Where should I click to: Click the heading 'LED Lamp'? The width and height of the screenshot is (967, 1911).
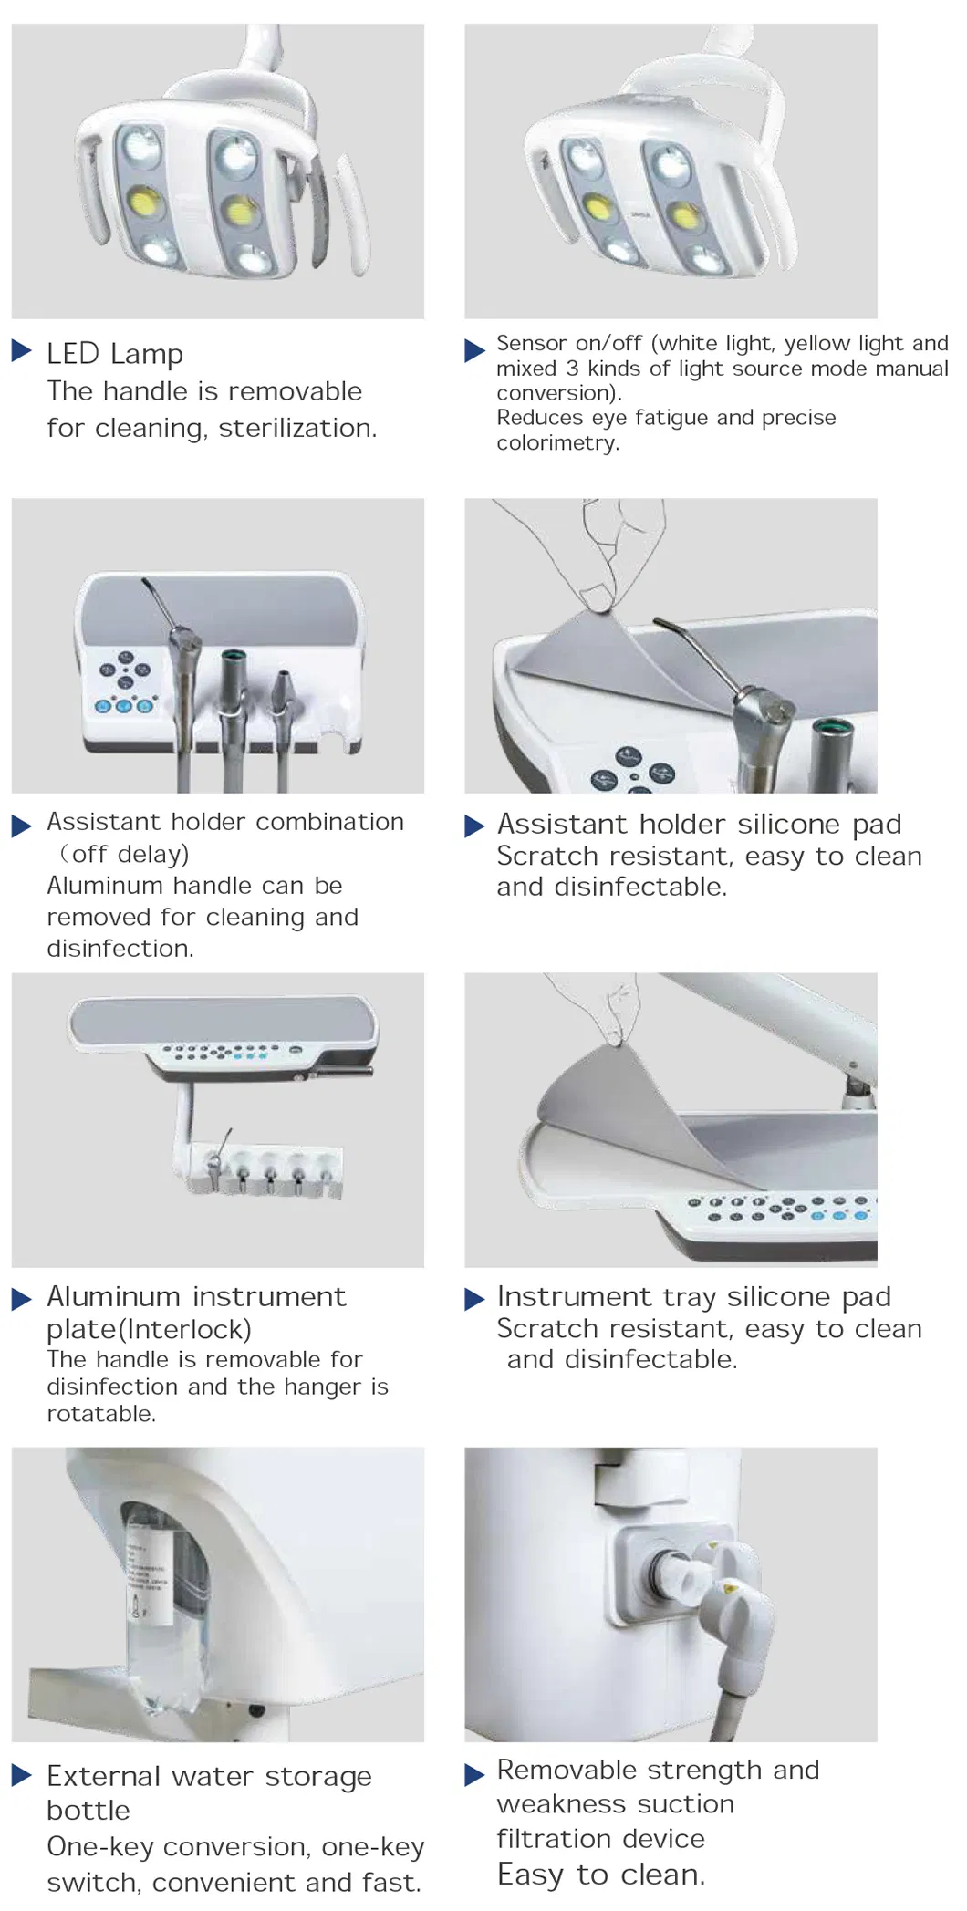(115, 354)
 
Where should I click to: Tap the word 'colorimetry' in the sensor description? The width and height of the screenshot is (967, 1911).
(556, 443)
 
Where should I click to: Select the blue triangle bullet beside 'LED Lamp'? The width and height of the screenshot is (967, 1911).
(21, 350)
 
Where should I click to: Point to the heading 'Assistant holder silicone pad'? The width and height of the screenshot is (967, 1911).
(699, 824)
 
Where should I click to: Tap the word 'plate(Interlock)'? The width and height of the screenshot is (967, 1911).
(149, 1329)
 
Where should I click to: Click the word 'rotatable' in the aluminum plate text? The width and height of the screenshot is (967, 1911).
(100, 1414)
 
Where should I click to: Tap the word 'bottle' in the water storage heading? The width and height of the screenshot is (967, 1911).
(88, 1810)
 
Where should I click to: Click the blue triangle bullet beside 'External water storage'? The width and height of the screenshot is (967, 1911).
(21, 1774)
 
